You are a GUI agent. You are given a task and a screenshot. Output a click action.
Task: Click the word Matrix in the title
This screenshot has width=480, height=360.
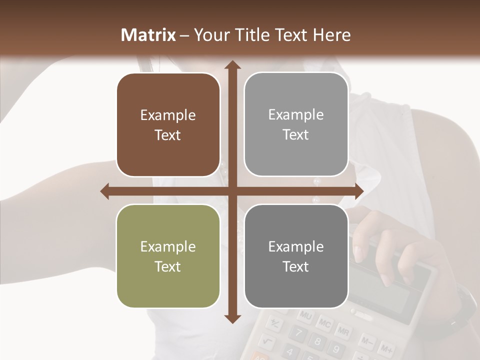[148, 34]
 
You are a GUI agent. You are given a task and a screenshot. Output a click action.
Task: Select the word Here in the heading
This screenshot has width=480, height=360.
[332, 34]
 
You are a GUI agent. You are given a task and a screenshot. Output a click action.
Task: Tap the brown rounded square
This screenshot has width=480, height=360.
[168, 125]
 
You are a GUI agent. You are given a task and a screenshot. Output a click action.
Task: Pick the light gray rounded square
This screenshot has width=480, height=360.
[296, 124]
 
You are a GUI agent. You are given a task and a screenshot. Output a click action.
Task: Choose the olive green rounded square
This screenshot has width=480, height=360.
[168, 256]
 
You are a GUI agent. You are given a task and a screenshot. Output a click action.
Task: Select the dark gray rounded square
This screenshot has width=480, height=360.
[296, 256]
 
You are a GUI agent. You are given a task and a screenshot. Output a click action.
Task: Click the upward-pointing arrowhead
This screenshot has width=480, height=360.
[231, 65]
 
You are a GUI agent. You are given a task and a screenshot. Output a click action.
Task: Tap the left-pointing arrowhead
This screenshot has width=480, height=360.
[105, 191]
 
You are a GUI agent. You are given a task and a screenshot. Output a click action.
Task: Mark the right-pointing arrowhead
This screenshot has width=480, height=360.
[358, 191]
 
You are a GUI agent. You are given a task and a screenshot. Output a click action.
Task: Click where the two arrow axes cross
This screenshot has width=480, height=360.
[231, 191]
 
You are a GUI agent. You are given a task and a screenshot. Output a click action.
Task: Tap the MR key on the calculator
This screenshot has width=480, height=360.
[343, 330]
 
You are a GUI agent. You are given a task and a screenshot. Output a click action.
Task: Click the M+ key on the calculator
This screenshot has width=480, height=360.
[385, 348]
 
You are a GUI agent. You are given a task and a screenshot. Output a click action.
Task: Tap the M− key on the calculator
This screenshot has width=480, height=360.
[366, 341]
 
